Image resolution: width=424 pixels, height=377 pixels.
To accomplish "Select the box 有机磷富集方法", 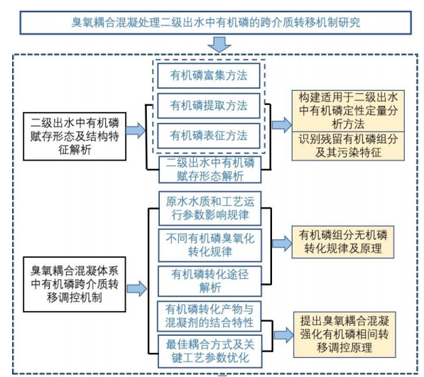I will tap(208, 75).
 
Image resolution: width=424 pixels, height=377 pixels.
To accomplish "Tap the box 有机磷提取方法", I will tap(208, 105).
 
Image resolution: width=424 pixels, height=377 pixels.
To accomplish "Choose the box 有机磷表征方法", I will tap(208, 135).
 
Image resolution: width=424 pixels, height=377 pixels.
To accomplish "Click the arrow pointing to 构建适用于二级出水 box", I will tap(281, 125).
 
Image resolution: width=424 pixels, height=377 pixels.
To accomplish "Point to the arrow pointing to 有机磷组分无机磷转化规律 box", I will tap(281, 241).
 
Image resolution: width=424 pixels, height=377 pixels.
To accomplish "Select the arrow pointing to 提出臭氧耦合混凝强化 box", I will tap(281, 333).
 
